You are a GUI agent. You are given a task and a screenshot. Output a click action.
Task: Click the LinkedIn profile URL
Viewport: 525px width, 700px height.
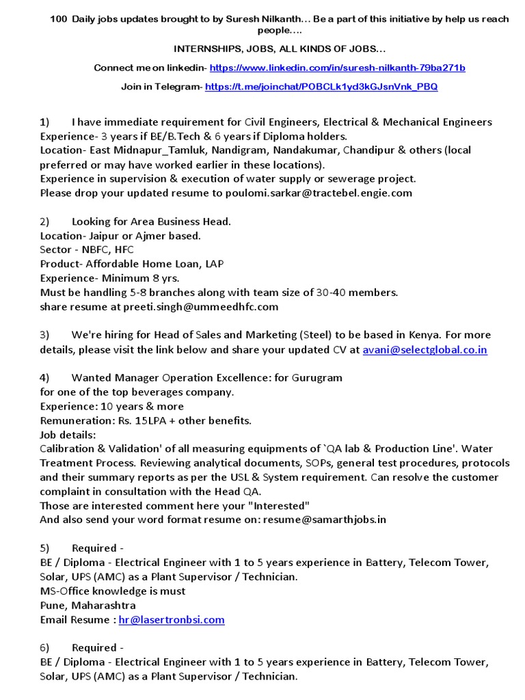point(337,68)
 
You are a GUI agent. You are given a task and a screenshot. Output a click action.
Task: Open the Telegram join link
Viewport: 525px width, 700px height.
point(321,87)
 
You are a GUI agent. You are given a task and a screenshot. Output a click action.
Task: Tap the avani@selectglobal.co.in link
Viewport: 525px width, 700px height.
point(425,349)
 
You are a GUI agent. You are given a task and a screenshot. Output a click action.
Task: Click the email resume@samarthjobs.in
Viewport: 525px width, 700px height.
point(326,519)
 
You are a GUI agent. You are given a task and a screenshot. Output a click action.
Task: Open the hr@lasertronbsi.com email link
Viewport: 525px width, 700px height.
point(172,619)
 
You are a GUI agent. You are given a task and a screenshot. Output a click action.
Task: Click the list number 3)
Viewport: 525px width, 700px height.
point(45,335)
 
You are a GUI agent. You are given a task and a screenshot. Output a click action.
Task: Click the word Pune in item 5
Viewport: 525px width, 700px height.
point(53,605)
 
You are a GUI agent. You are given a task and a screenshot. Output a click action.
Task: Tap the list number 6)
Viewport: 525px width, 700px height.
point(45,647)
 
